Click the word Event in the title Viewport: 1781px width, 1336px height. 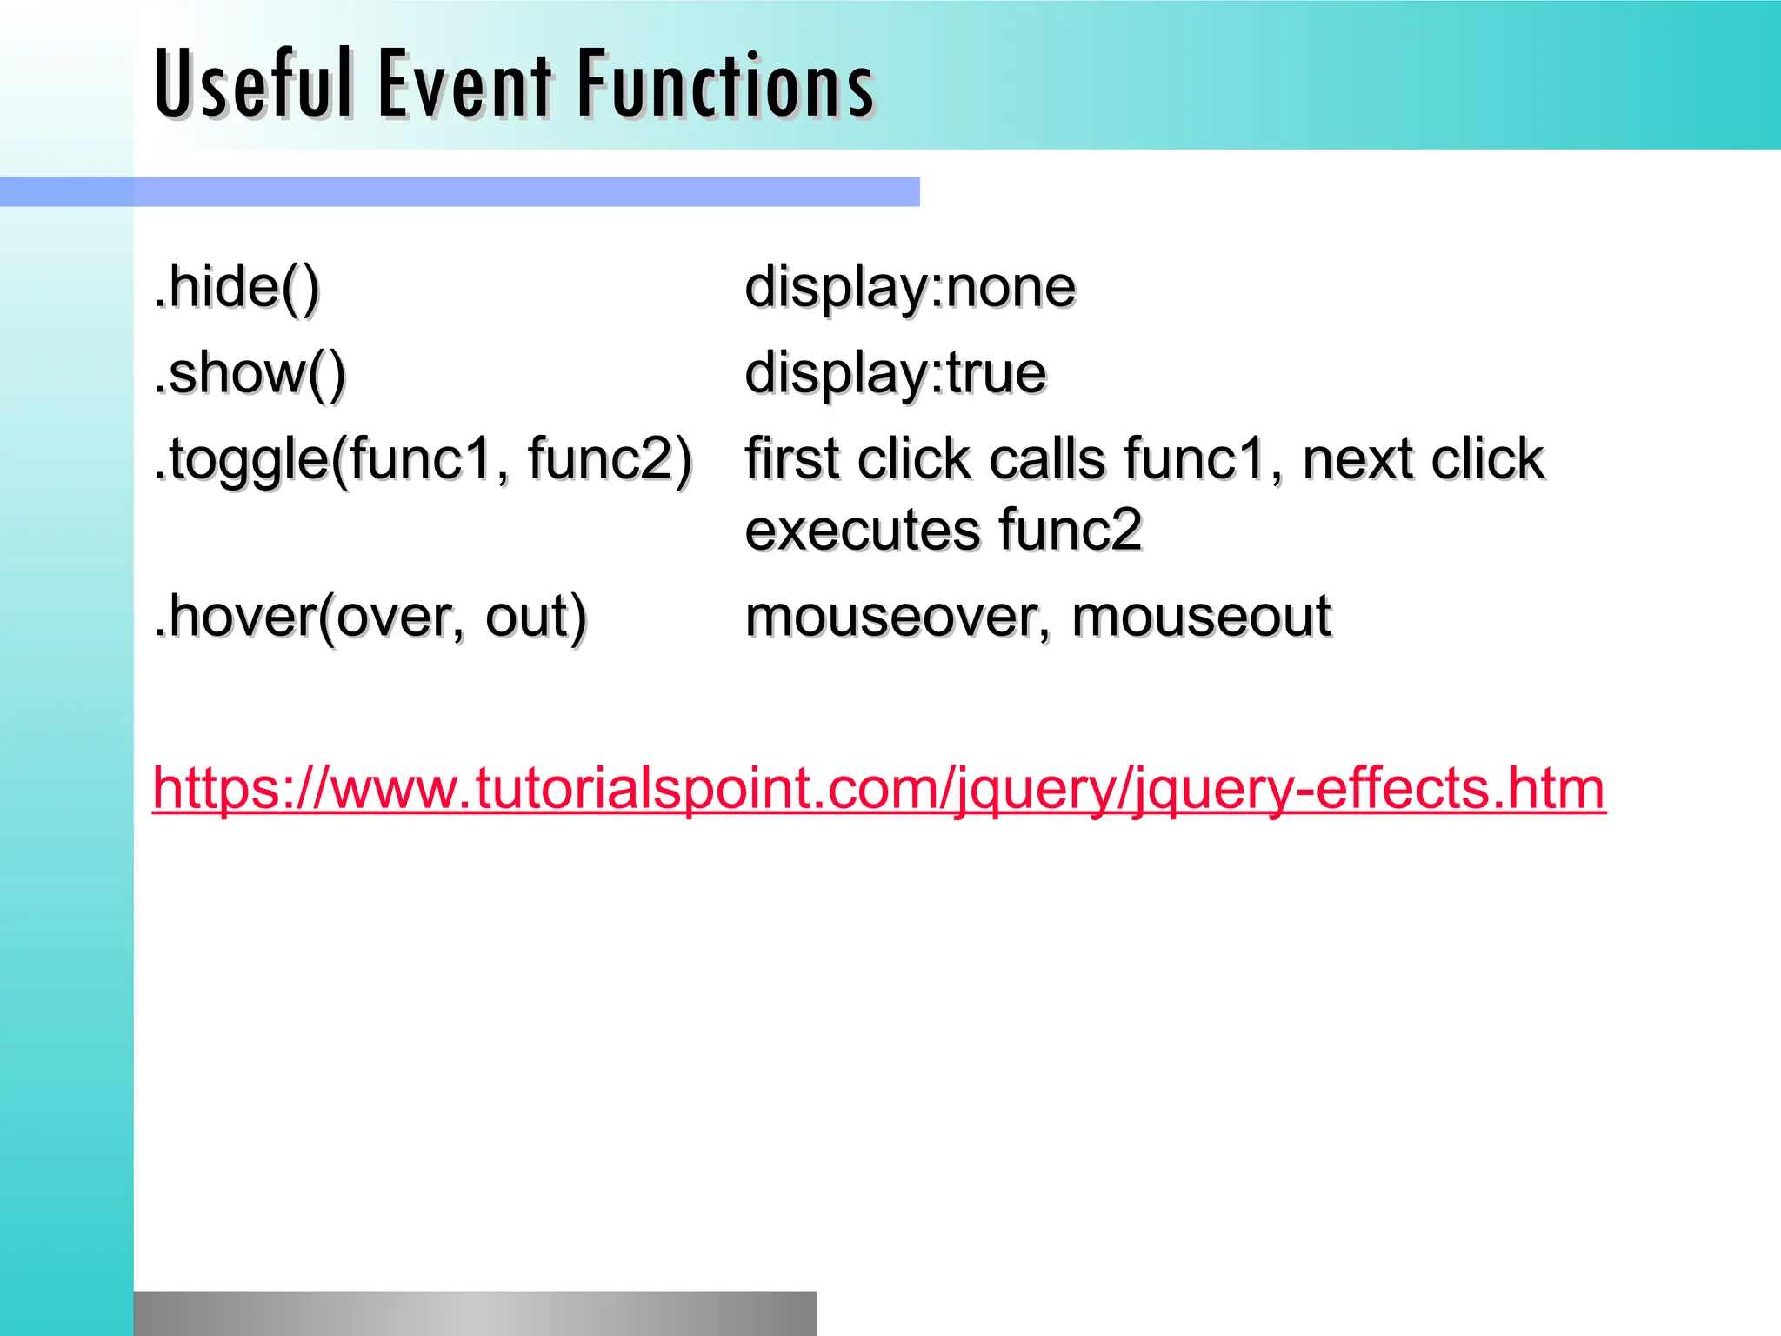464,83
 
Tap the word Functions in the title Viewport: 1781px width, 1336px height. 725,83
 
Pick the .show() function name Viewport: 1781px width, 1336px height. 250,373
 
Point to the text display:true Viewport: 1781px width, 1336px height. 896,373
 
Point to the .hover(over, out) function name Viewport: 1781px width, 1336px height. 370,617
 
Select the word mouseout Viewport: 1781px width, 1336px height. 1200,617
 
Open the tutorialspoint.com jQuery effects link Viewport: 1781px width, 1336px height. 878,788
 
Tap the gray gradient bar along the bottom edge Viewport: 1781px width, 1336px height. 475,1313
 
